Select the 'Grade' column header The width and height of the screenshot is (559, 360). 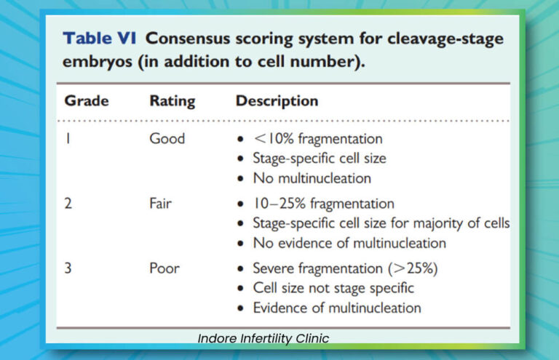(x=86, y=101)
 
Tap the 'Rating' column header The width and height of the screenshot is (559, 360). (x=172, y=101)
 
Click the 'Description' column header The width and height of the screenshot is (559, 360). (x=277, y=101)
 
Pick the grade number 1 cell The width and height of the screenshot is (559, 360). (x=68, y=138)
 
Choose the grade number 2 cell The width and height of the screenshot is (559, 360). (x=68, y=204)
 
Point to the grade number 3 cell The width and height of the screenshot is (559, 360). (x=68, y=268)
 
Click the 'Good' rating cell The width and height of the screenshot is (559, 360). (x=167, y=138)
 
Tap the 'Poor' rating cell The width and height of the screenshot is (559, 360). (x=164, y=268)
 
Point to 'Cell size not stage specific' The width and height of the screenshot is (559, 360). (x=333, y=288)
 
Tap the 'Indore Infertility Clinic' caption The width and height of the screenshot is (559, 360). (x=263, y=338)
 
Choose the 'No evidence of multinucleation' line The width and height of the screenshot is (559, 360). (x=349, y=243)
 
